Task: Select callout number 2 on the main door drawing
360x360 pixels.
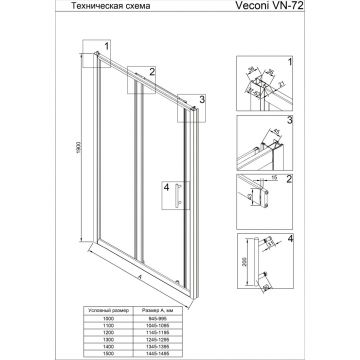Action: click(x=151, y=72)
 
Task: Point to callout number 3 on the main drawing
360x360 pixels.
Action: click(x=201, y=99)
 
